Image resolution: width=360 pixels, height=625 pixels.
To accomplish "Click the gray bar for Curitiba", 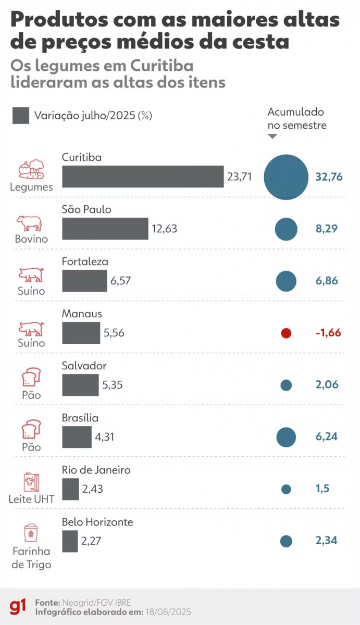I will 143,177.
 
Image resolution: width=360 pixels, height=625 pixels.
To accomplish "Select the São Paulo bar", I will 105,229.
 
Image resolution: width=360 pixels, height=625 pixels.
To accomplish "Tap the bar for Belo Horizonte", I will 70,541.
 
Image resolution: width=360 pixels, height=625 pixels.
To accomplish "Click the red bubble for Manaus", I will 286,333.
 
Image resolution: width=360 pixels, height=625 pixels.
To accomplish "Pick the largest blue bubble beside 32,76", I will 286,177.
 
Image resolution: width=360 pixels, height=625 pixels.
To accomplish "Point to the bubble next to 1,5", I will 286,489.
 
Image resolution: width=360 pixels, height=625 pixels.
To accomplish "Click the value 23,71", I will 239,177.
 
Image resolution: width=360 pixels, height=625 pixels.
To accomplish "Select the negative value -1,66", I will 328,333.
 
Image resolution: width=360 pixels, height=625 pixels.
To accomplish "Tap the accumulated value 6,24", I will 327,436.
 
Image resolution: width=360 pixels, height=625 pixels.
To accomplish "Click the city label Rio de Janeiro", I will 96,470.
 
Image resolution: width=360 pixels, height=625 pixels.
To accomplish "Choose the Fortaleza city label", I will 85,261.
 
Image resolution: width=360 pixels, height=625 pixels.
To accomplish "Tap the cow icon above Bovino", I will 29,223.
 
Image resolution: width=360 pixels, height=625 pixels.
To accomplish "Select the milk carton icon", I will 32,482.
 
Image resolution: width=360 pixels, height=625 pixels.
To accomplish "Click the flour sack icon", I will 31,533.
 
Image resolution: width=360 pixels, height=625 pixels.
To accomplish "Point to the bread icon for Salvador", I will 31,377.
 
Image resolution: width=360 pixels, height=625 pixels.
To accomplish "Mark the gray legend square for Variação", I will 21,116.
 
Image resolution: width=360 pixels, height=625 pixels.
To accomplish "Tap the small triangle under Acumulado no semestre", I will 272,136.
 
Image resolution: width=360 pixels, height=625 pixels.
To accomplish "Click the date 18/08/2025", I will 168,612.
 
